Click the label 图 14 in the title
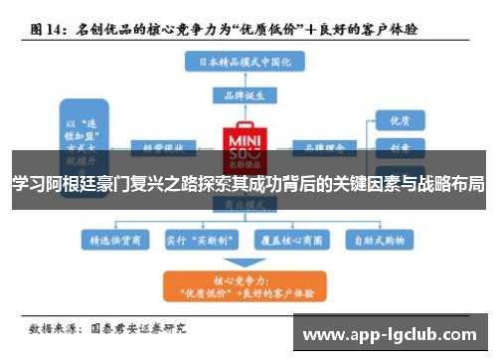(47, 30)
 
